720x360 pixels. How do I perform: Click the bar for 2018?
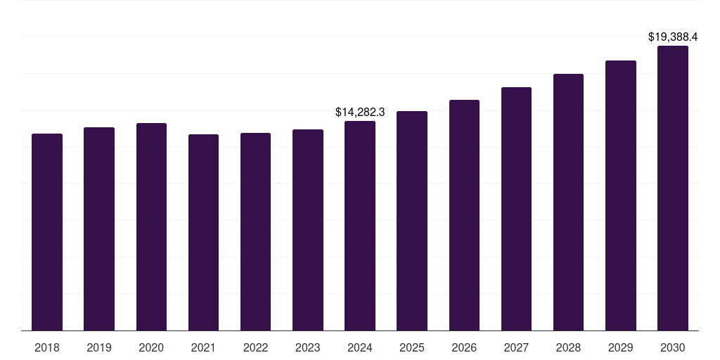click(47, 232)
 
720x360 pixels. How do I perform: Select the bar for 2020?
click(151, 226)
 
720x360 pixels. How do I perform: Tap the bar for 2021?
click(203, 232)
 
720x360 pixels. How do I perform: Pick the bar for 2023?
click(308, 230)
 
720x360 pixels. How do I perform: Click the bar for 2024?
click(360, 226)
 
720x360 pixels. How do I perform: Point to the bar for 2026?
click(464, 215)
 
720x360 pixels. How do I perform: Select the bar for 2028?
click(568, 202)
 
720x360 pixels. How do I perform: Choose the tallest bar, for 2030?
click(673, 188)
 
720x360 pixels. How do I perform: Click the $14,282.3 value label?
click(360, 112)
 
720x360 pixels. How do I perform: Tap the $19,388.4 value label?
click(673, 37)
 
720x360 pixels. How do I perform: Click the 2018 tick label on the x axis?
click(47, 347)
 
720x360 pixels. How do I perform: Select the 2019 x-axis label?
click(99, 347)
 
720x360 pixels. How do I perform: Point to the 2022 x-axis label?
click(255, 347)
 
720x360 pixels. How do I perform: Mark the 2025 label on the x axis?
click(412, 347)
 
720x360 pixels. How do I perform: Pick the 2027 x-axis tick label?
click(516, 347)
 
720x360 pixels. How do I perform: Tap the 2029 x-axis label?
click(620, 347)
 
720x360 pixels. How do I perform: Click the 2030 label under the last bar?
click(673, 347)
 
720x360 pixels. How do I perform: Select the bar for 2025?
click(412, 221)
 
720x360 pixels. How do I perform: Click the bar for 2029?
click(620, 195)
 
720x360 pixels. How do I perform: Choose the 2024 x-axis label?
click(360, 347)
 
